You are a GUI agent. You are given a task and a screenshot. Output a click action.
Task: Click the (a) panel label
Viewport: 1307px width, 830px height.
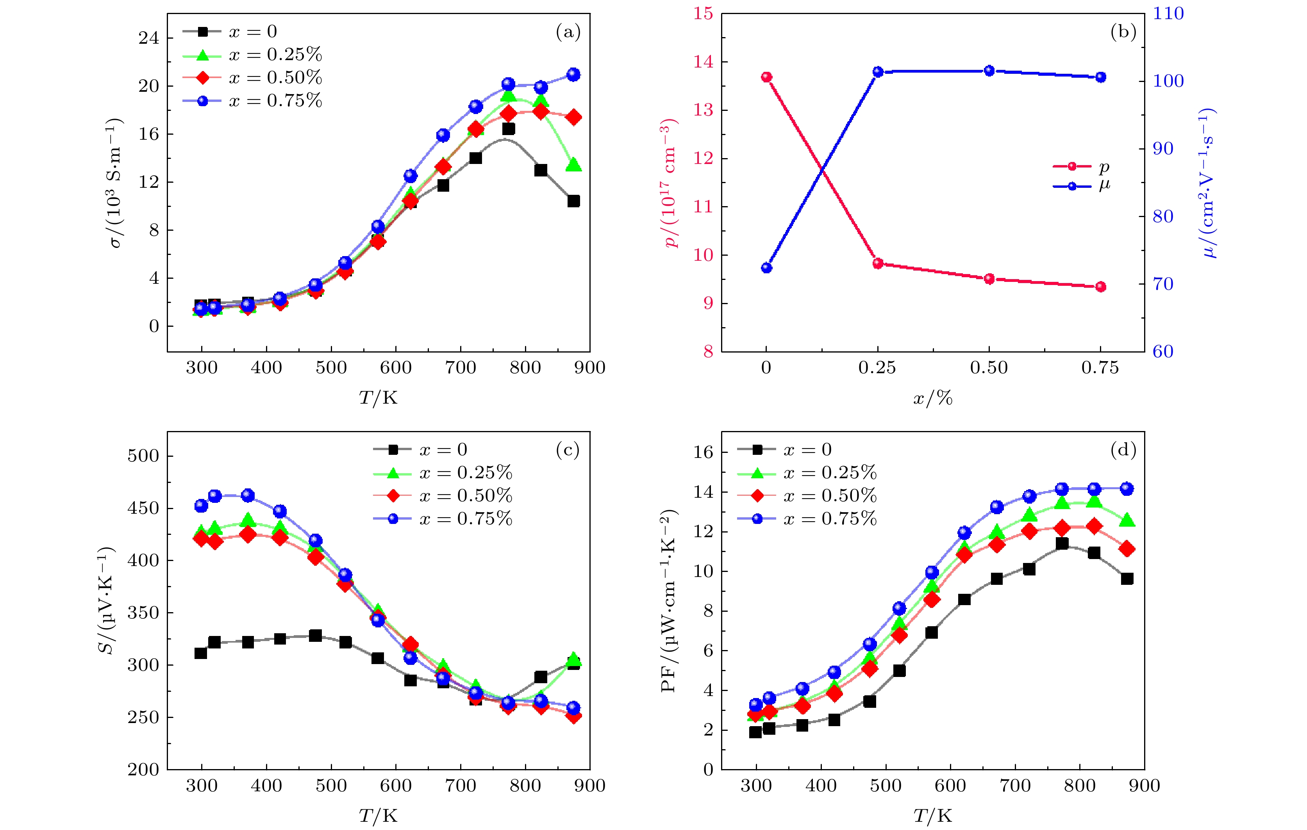pos(568,32)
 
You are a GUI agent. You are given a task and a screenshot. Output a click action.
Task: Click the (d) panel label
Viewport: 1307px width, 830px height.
pos(1123,450)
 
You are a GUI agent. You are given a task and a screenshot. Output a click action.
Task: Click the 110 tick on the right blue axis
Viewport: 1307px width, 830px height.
pos(1168,14)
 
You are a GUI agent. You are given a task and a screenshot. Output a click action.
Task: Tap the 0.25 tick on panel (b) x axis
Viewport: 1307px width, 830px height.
pos(877,368)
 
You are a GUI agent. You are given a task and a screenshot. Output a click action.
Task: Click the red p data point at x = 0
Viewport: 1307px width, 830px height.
pos(766,77)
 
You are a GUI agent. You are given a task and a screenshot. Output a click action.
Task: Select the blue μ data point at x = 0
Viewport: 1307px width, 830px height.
pos(766,268)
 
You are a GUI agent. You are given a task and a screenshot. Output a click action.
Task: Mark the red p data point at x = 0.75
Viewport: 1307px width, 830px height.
pos(1101,287)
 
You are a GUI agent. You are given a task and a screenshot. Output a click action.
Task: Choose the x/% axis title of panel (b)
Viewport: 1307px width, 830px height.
pos(932,399)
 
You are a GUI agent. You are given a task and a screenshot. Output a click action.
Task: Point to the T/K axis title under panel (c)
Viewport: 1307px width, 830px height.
pos(379,816)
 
